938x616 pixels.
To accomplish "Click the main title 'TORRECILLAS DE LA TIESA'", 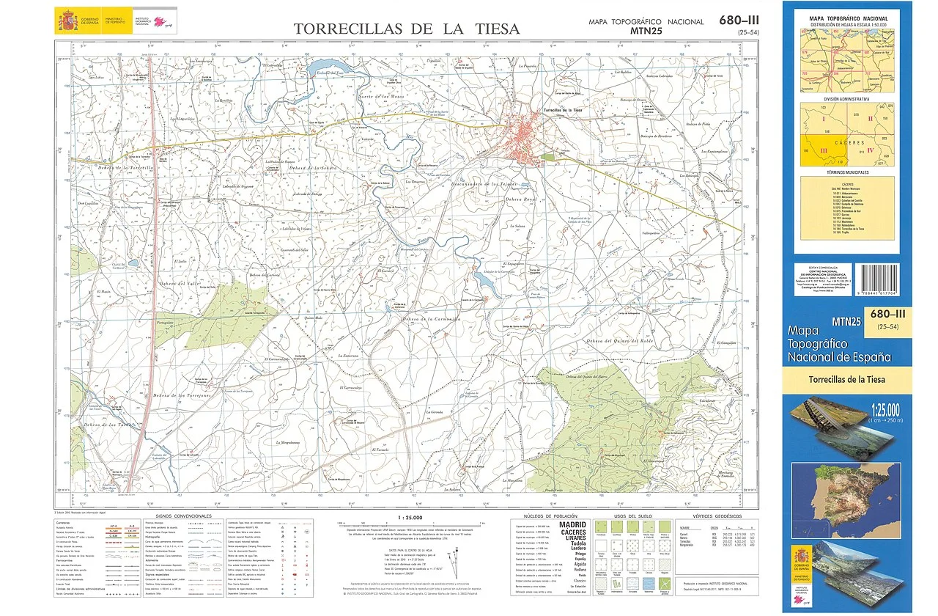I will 406,29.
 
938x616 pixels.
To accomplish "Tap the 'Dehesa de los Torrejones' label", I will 177,395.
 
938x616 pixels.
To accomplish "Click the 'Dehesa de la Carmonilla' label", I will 431,320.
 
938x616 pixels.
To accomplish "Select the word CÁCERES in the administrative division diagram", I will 849,142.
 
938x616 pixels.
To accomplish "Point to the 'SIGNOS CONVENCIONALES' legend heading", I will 183,516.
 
